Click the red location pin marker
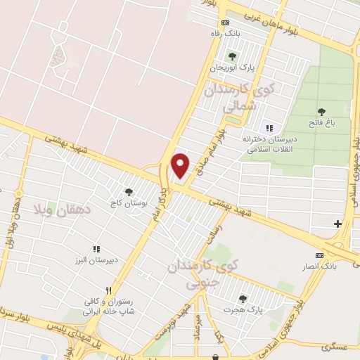pyautogui.click(x=181, y=165)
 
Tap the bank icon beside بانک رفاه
pyautogui.click(x=225, y=23)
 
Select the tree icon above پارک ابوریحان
pyautogui.click(x=232, y=56)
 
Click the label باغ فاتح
pyautogui.click(x=322, y=124)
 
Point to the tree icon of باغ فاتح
pyautogui.click(x=322, y=112)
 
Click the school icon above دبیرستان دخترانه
pyautogui.click(x=269, y=128)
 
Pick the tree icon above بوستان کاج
pyautogui.click(x=128, y=191)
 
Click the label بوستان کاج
pyautogui.click(x=127, y=203)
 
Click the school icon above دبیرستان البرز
pyautogui.click(x=97, y=248)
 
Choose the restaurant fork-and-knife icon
pyautogui.click(x=108, y=290)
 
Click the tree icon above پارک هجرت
pyautogui.click(x=243, y=298)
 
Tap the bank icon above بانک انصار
pyautogui.click(x=320, y=255)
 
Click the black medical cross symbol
pyautogui.click(x=337, y=224)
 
